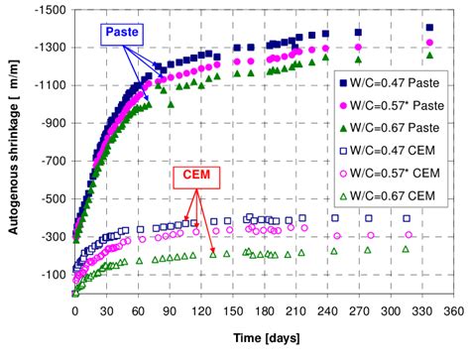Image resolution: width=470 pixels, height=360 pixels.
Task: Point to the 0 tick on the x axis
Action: pyautogui.click(x=75, y=308)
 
